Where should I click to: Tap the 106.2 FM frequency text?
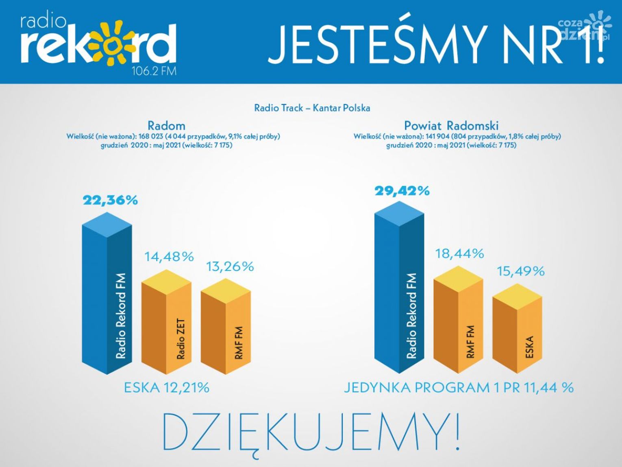[x=154, y=71]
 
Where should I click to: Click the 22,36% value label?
[x=110, y=200]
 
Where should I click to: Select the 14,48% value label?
[x=169, y=257]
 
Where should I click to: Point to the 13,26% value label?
[x=230, y=266]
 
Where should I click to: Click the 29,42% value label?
[x=402, y=191]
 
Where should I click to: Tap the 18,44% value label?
[x=459, y=254]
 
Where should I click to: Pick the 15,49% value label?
[x=520, y=271]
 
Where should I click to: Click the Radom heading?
[x=166, y=125]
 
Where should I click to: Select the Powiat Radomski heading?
[x=451, y=125]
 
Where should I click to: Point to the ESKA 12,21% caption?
[x=166, y=388]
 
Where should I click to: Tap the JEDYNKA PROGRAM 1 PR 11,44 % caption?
[x=459, y=388]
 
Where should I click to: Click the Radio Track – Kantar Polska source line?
[x=312, y=108]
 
